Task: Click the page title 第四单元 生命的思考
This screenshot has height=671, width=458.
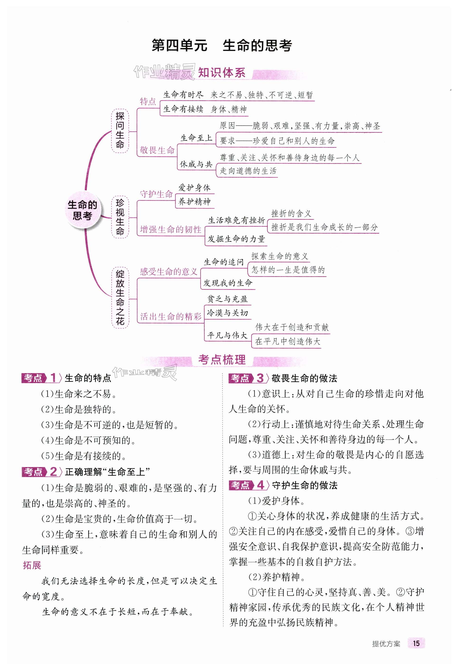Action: [222, 45]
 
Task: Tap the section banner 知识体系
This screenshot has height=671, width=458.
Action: [222, 73]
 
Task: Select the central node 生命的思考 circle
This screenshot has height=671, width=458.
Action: [82, 210]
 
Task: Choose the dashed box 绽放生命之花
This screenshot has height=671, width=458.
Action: [120, 297]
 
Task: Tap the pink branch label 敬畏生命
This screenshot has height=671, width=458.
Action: [157, 150]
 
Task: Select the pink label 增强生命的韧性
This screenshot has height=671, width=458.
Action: [170, 229]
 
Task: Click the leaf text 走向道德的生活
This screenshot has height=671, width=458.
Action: [248, 171]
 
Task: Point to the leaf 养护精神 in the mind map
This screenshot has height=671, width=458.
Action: [194, 202]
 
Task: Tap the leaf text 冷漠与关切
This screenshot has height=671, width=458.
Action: [227, 313]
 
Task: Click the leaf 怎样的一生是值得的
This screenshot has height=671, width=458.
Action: [288, 270]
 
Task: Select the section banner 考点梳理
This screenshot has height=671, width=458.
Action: [222, 360]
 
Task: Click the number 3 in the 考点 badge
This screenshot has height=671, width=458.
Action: [260, 378]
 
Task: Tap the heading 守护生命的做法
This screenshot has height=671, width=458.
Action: [304, 485]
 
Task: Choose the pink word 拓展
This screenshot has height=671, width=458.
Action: [32, 565]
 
